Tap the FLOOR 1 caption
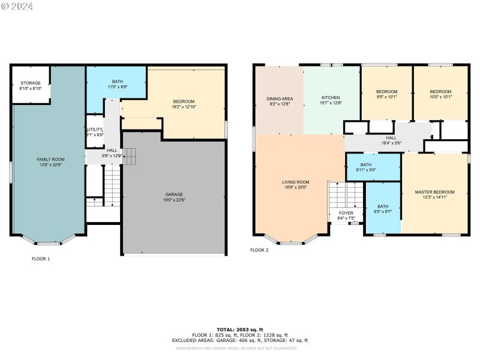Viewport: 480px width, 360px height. [41, 259]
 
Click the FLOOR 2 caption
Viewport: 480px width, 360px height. [259, 250]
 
